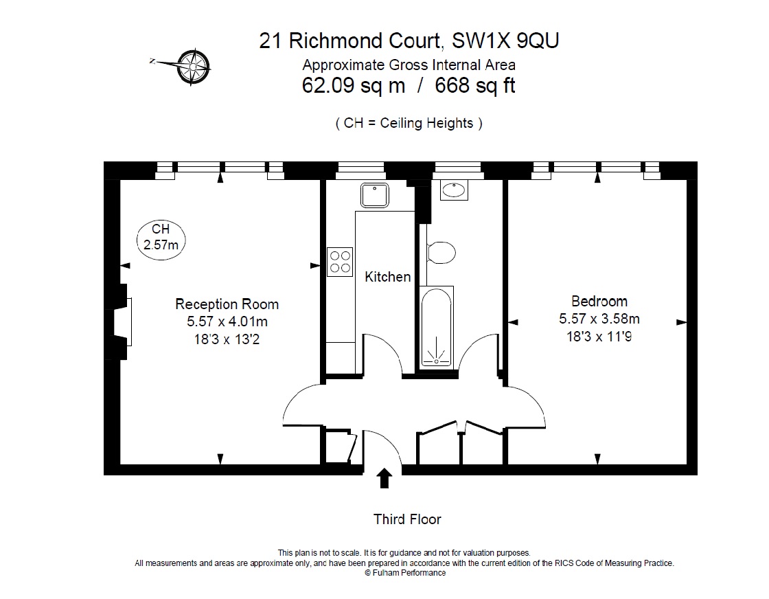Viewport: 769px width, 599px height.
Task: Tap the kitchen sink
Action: click(374, 194)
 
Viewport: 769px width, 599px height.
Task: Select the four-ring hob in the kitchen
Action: click(340, 261)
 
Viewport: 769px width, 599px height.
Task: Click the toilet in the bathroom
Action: click(440, 252)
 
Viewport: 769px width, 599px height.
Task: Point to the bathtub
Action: click(435, 326)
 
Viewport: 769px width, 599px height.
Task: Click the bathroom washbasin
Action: click(453, 190)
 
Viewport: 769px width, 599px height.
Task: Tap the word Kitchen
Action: click(387, 277)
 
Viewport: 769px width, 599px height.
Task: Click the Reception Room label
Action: click(227, 304)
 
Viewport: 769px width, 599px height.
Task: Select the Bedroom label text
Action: click(599, 301)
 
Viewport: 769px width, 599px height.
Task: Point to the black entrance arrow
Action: click(384, 478)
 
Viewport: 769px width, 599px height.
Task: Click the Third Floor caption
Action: click(407, 519)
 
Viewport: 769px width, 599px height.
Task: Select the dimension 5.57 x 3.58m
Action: click(599, 319)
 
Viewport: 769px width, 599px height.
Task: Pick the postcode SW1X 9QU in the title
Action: click(505, 41)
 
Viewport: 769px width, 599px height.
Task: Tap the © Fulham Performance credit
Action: click(404, 572)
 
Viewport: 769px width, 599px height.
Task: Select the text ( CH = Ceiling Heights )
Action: click(409, 124)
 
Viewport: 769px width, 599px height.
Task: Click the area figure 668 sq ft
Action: click(470, 87)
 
